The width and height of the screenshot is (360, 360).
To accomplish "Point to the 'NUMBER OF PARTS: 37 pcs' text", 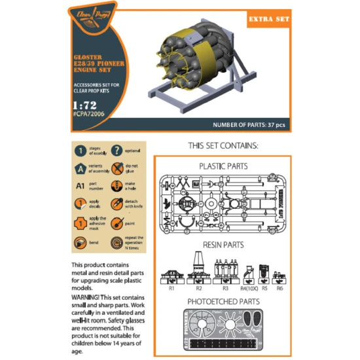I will [251, 124].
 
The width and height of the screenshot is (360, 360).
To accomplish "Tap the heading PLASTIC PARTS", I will [223, 166].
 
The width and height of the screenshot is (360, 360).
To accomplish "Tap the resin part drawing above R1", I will [171, 274].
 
